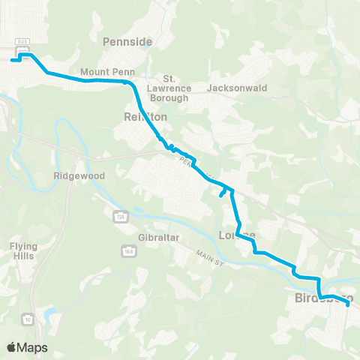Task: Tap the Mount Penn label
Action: (100, 73)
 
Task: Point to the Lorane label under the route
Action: (237, 235)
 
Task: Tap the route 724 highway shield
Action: (118, 216)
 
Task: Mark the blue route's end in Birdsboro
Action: (350, 304)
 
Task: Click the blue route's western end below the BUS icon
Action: (11, 60)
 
